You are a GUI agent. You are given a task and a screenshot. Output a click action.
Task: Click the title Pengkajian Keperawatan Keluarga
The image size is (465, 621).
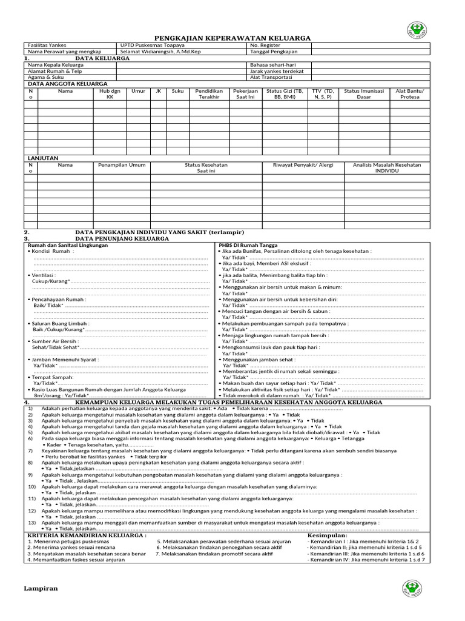232,38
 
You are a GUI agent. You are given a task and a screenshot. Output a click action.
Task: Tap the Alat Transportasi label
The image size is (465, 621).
271,77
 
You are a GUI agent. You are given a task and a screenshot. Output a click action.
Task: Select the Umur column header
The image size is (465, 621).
138,91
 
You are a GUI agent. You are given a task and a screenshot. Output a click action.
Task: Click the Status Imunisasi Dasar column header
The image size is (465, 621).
363,94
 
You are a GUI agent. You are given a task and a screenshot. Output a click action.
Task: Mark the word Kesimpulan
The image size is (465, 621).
327,535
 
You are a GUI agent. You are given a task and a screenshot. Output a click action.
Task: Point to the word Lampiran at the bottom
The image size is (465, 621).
41,589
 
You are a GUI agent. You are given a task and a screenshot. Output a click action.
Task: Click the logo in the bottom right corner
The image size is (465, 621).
412,588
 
